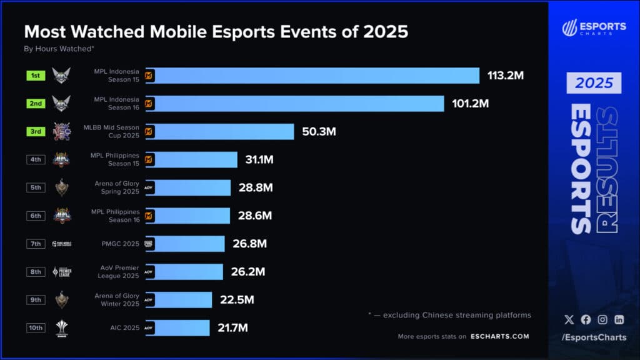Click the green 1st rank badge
pos(35,76)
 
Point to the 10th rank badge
pos(35,328)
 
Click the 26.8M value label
pos(249,244)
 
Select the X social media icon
pos(569,319)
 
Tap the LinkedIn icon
pos(619,319)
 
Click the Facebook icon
pos(586,319)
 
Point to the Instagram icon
pos(602,319)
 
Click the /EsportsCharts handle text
pos(594,338)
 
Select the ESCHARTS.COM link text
pos(499,336)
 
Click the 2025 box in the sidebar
pos(594,82)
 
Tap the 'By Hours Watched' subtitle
pos(59,48)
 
